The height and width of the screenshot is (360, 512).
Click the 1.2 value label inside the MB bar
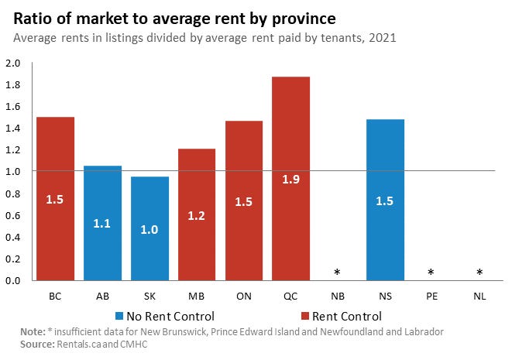(197, 216)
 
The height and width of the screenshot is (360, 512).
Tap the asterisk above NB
(338, 273)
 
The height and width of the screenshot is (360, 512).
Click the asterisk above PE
(432, 273)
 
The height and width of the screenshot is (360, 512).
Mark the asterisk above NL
(479, 273)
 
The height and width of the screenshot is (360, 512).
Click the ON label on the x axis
(244, 297)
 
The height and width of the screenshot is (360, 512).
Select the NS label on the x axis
(385, 297)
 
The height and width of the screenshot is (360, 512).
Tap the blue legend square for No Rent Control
(119, 316)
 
